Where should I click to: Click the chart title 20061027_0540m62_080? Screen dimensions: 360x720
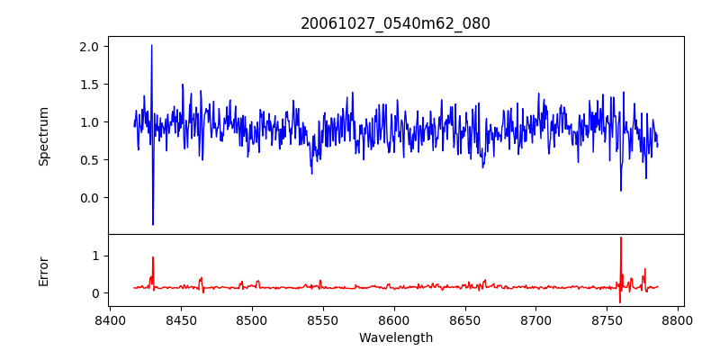tap(395, 23)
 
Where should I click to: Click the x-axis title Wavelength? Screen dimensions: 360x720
tap(395, 337)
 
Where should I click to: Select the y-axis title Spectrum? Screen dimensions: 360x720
tap(43, 136)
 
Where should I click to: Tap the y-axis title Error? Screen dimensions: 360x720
tap(43, 271)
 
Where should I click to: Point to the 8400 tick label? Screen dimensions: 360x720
tap(110, 319)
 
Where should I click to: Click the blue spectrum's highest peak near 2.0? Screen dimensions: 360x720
tap(151, 45)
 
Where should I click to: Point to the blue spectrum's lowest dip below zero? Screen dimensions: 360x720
tap(153, 224)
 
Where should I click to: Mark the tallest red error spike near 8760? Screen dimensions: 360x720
tap(621, 238)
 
